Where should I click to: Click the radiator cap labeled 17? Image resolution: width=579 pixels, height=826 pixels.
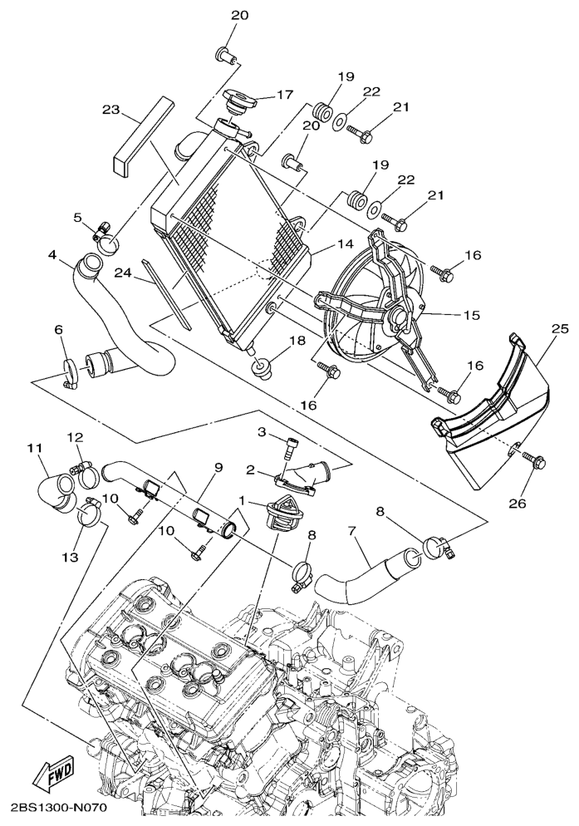[239, 100]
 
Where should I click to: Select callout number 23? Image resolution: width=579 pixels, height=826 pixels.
[111, 110]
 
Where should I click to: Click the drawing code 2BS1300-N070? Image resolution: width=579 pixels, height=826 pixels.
[56, 807]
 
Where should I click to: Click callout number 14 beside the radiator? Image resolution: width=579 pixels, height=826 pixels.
[345, 244]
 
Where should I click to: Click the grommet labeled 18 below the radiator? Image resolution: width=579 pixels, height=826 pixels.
[260, 366]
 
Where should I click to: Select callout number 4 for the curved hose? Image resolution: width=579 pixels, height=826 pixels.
[52, 254]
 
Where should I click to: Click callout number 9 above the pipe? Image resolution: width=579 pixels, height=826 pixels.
[218, 467]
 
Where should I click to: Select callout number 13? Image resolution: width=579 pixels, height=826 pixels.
[71, 557]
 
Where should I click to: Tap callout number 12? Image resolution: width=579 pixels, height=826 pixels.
[76, 436]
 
